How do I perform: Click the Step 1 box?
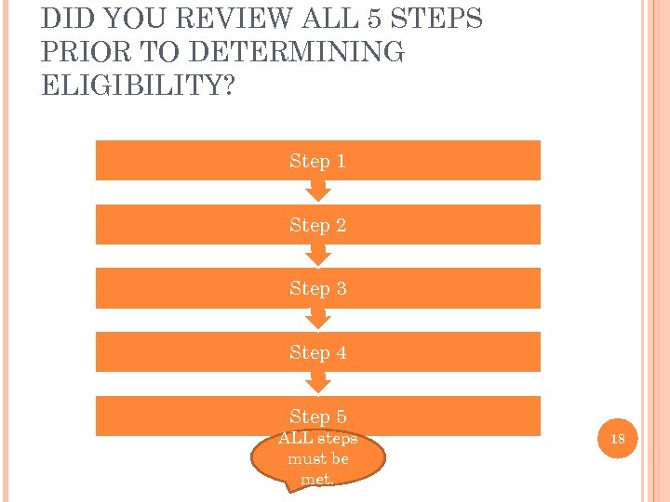[317, 161]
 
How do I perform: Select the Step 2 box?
[317, 225]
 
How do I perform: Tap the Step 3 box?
[317, 288]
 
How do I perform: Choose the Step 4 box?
[317, 352]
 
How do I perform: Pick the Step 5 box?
[317, 416]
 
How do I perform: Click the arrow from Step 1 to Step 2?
[318, 191]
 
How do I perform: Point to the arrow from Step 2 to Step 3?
[318, 255]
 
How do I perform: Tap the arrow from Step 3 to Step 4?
[318, 319]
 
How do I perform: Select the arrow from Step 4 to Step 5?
[318, 382]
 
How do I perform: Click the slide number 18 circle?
[616, 438]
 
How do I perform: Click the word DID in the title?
[63, 19]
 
